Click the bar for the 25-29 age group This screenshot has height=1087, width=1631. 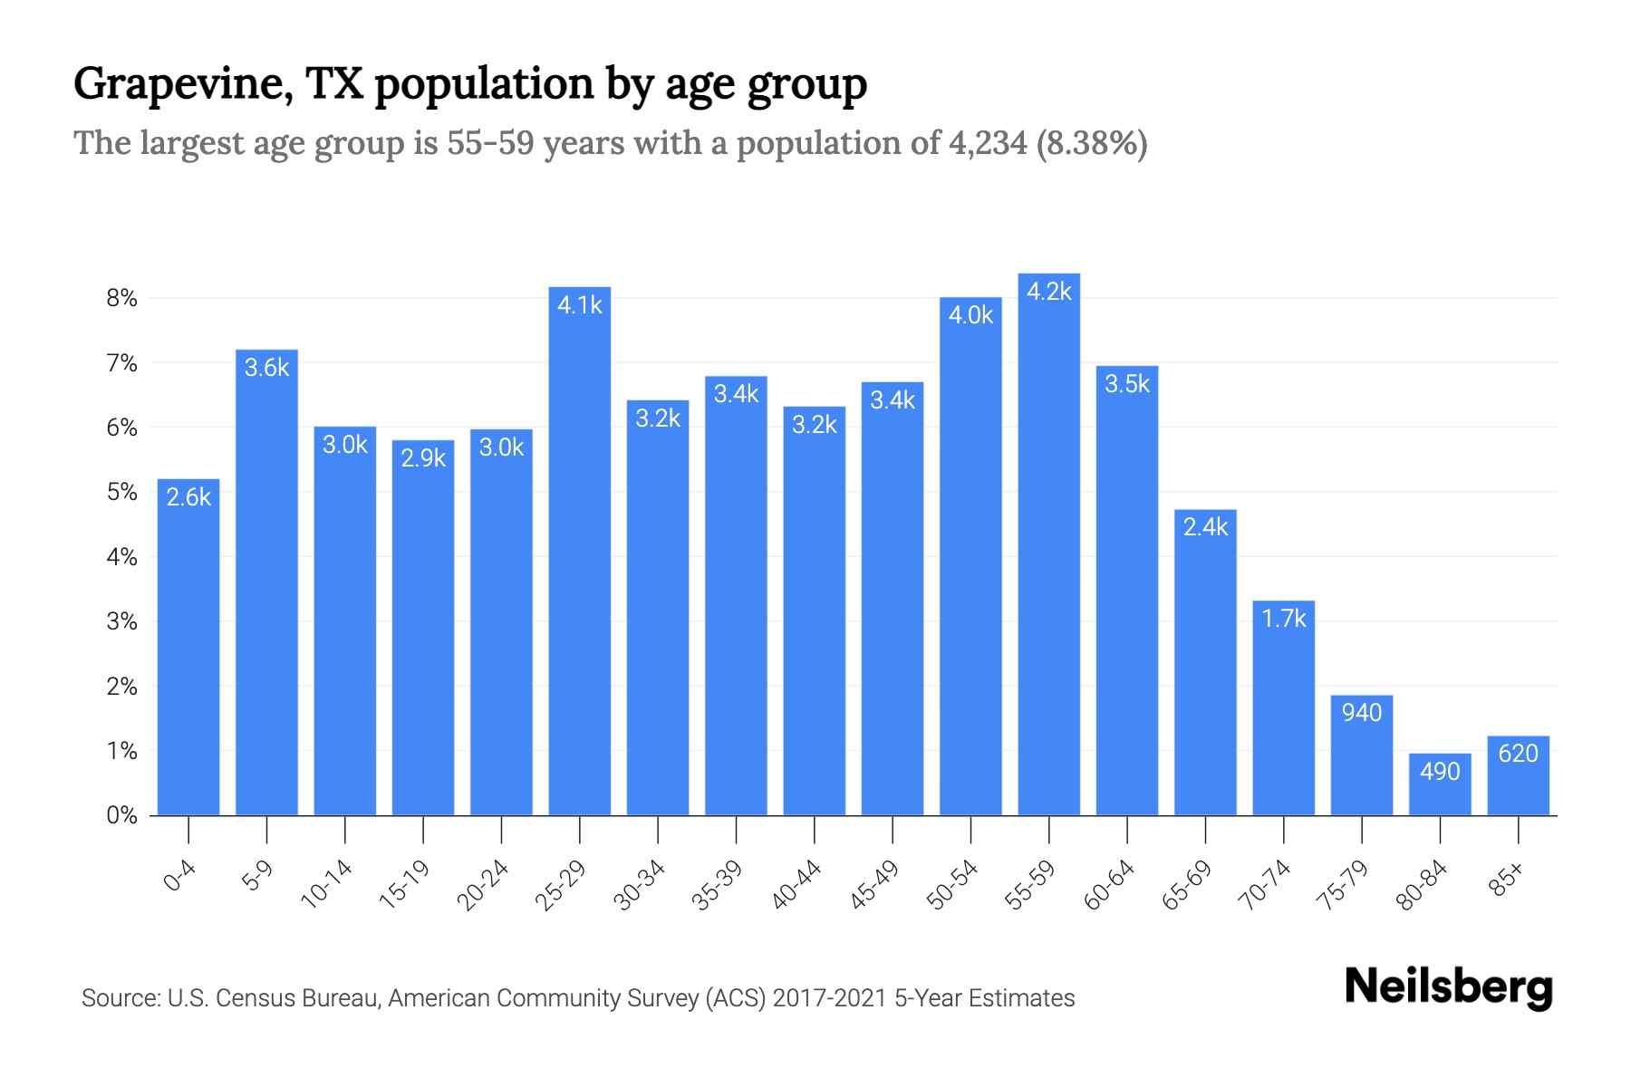click(x=580, y=562)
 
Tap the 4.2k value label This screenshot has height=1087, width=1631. click(x=1048, y=292)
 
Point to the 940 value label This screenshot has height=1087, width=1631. click(x=1362, y=713)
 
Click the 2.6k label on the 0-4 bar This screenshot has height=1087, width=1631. click(x=188, y=497)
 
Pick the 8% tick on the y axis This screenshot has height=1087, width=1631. click(x=121, y=298)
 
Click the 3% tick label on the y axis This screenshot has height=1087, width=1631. click(x=121, y=621)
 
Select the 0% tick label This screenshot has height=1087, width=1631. click(x=121, y=815)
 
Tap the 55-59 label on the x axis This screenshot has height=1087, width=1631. click(x=1031, y=885)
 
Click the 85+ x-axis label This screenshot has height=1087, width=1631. click(x=1507, y=880)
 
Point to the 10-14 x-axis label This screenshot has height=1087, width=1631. click(x=327, y=885)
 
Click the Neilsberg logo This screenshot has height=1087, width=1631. click(x=1448, y=987)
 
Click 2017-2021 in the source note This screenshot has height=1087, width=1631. click(x=829, y=998)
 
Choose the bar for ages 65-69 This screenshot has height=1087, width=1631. click(x=1205, y=670)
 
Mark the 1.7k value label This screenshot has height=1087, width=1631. click(x=1284, y=619)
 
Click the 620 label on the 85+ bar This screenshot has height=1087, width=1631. click(x=1518, y=754)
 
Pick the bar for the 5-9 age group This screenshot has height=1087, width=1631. click(x=266, y=589)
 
